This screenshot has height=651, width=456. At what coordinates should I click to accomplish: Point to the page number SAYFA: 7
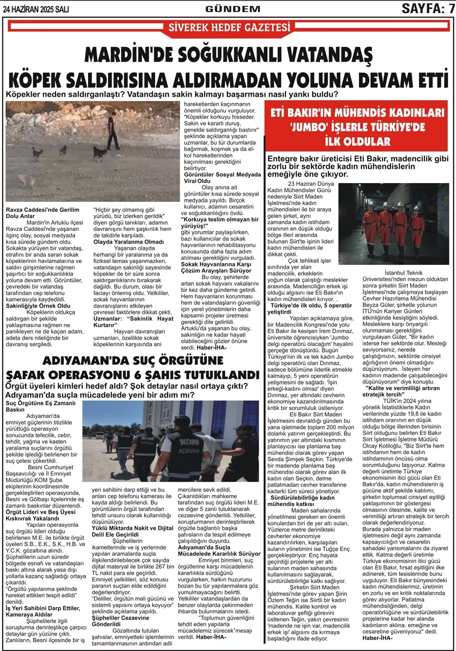[x=427, y=9]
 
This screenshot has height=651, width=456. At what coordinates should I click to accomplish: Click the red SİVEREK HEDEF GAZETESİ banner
[x=227, y=26]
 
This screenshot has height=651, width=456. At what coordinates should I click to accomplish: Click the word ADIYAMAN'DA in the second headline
[x=81, y=361]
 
